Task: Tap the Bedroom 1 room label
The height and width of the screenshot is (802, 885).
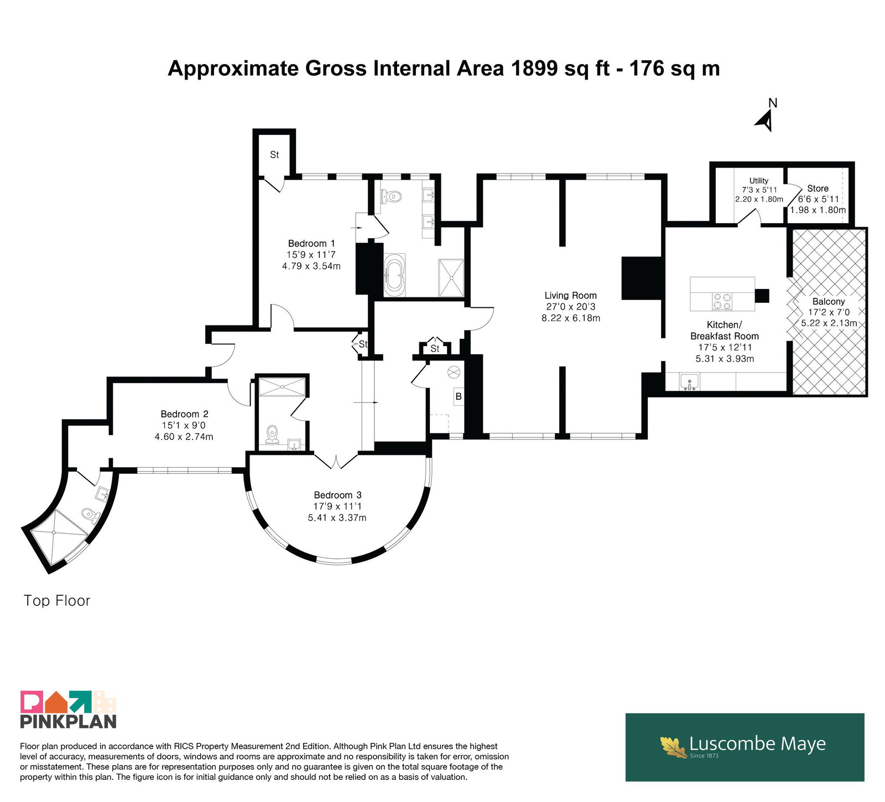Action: [311, 243]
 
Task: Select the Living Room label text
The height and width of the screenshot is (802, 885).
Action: [570, 295]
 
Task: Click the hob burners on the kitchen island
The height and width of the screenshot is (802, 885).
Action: [722, 302]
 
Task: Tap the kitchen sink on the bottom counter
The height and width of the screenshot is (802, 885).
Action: [690, 382]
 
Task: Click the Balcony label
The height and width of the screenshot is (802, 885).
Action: [829, 301]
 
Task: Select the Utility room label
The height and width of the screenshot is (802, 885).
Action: [759, 180]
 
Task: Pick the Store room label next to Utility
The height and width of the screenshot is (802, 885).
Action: [818, 188]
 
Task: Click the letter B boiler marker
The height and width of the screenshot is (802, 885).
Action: [458, 396]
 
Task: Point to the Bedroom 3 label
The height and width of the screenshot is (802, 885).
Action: [337, 495]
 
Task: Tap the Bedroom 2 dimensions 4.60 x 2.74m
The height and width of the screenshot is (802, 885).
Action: [184, 436]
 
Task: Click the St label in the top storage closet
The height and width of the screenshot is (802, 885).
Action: [274, 155]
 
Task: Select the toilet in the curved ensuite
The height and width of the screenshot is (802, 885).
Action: [88, 515]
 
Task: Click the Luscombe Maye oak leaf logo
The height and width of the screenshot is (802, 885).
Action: [673, 747]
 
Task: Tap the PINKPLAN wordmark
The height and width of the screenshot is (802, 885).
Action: [69, 721]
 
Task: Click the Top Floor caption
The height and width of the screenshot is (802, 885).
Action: [57, 600]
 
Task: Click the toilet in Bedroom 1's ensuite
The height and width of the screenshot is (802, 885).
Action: [391, 196]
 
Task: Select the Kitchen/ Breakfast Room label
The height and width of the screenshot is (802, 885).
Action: [725, 330]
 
